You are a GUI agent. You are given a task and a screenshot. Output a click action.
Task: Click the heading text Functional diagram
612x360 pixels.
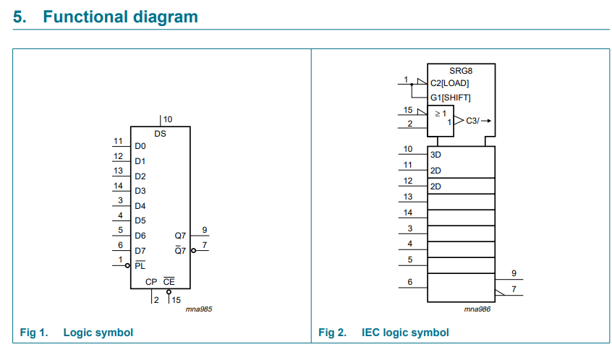(120, 17)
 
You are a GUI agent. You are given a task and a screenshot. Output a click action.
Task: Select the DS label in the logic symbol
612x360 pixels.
(160, 134)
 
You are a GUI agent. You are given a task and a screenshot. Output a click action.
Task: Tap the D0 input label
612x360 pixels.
(140, 146)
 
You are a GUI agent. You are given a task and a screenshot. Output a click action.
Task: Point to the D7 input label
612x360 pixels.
(140, 251)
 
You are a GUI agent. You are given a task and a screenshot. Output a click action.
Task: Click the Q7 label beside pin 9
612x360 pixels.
(180, 236)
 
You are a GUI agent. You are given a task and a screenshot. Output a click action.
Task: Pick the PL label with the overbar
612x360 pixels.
(140, 266)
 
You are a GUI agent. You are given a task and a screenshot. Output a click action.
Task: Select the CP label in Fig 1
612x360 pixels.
(151, 281)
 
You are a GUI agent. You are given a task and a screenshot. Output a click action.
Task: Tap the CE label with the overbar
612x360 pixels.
(168, 281)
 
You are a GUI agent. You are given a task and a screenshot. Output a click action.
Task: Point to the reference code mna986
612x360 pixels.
(479, 309)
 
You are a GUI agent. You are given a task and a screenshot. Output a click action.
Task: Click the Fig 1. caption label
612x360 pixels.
(33, 333)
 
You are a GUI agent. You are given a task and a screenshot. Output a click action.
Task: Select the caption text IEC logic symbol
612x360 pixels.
(405, 333)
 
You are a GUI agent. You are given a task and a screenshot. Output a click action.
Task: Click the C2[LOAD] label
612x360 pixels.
(449, 83)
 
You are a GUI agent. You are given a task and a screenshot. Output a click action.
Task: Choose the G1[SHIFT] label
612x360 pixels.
(450, 98)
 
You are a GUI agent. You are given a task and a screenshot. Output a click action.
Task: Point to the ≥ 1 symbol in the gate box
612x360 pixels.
(440, 114)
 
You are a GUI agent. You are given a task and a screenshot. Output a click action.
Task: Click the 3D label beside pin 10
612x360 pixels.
(435, 155)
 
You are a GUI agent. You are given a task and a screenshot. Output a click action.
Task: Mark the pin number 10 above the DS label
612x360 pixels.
(168, 119)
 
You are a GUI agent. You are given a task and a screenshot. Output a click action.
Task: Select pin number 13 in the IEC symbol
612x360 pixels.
(408, 197)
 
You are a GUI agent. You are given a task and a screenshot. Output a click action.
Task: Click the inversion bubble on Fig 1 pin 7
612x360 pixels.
(193, 251)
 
